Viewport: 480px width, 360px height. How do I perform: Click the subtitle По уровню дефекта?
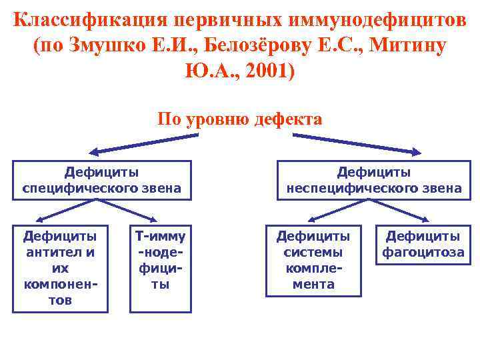click(x=240, y=119)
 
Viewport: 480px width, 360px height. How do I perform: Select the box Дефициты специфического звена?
click(x=102, y=180)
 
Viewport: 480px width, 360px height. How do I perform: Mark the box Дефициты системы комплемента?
click(x=313, y=260)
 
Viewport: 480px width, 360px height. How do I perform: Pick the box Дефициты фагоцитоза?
click(x=423, y=244)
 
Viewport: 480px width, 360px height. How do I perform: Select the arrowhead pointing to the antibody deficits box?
click(x=39, y=218)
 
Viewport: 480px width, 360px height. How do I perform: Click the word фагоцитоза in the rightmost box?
click(x=423, y=253)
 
